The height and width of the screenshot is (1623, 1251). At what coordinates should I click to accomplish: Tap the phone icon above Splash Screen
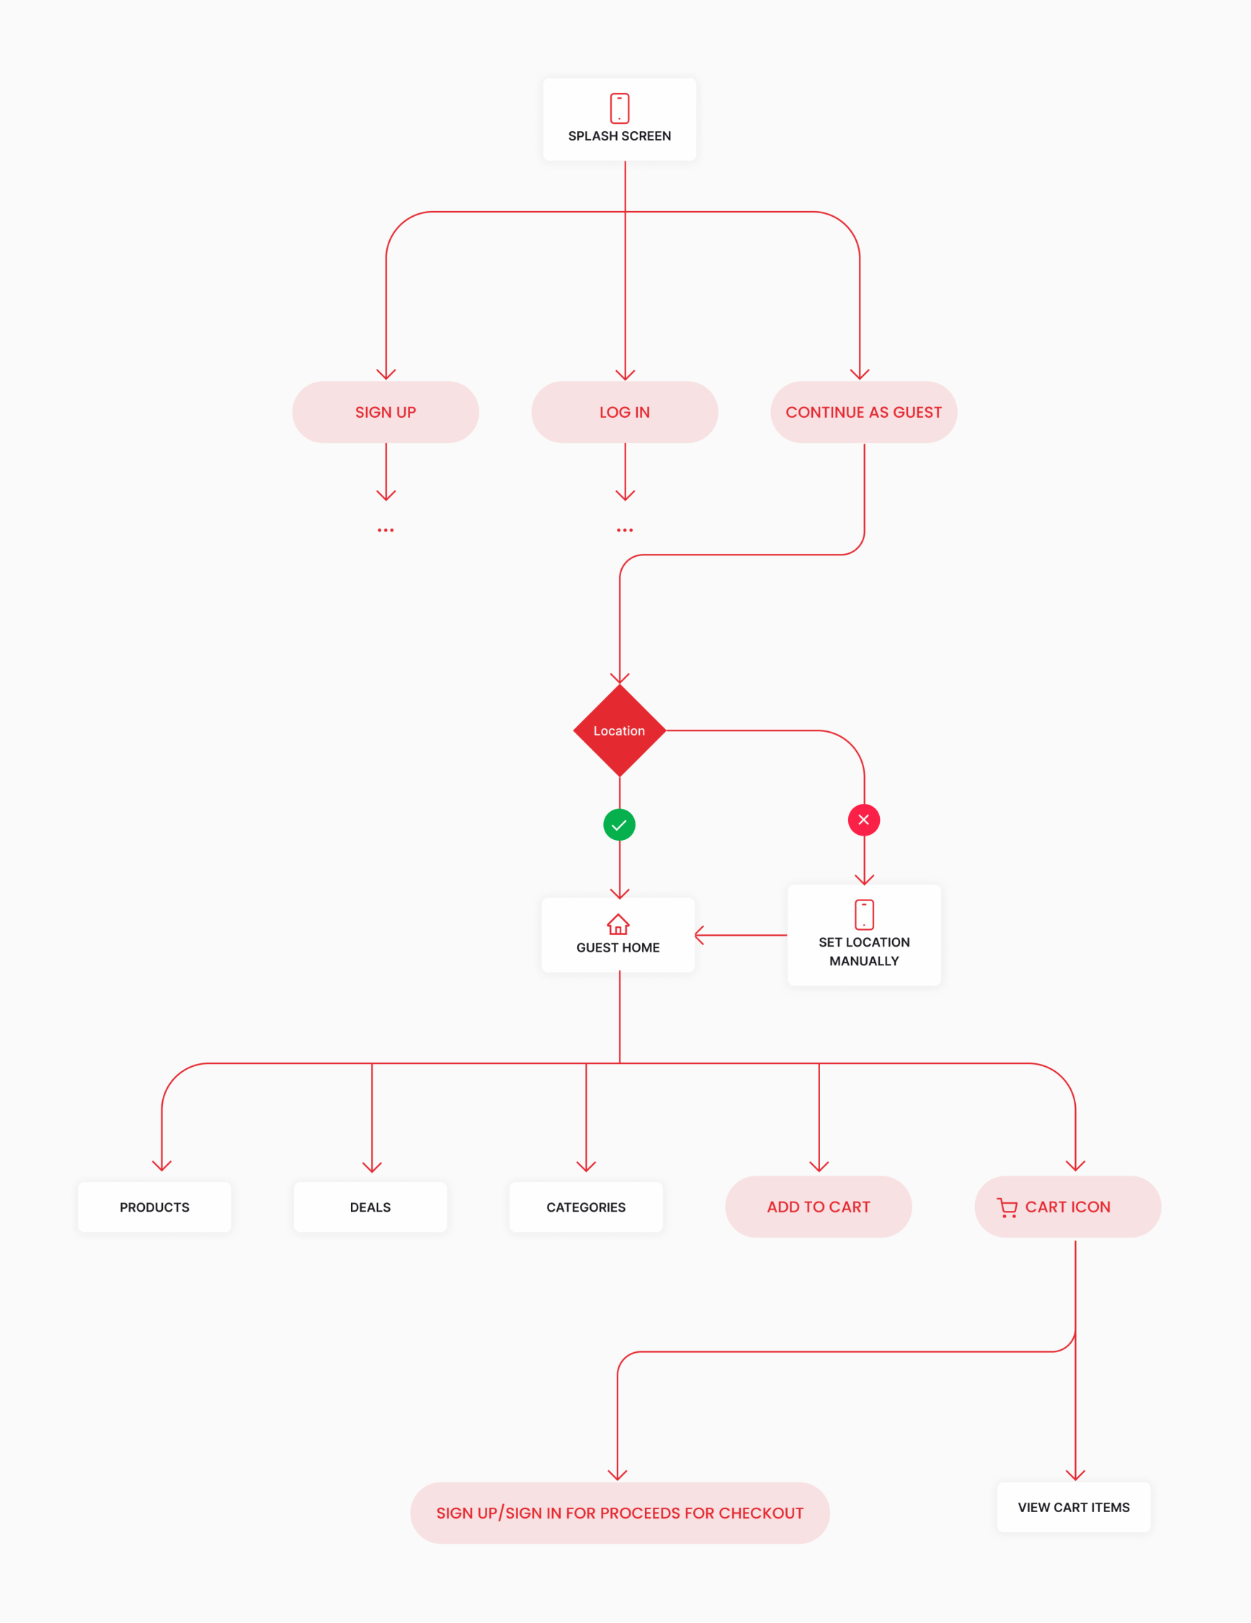coord(619,108)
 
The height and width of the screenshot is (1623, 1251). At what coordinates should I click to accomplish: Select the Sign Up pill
coord(385,413)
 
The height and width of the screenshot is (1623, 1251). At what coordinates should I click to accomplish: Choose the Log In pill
coord(624,413)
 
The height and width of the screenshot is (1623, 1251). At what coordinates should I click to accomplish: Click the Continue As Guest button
coord(863,413)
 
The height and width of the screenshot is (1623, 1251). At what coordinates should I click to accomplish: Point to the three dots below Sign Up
coord(385,530)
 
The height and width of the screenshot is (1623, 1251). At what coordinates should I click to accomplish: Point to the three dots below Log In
coord(624,530)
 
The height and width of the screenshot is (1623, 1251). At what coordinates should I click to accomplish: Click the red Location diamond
coord(619,730)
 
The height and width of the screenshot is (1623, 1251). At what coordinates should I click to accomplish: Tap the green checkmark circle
coord(619,825)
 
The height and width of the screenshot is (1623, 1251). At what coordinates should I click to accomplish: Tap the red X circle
coord(864,820)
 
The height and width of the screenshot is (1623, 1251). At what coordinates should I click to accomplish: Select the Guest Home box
coord(618,936)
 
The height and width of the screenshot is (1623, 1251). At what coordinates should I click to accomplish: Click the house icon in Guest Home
coord(618,924)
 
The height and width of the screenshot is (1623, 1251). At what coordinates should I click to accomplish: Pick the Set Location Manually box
coord(864,936)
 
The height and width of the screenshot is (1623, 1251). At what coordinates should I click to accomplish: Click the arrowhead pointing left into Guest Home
coord(700,935)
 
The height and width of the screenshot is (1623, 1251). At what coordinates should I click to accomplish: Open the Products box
coord(155,1207)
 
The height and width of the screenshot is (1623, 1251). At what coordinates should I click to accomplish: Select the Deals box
coord(370,1207)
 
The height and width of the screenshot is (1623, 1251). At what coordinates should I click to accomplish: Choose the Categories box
coord(586,1207)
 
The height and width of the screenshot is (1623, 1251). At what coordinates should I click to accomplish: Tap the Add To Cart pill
coord(819,1207)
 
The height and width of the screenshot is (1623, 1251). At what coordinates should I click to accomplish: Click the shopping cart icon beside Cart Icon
coord(1007,1207)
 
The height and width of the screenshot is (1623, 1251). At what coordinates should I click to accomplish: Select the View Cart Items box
coord(1073,1507)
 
